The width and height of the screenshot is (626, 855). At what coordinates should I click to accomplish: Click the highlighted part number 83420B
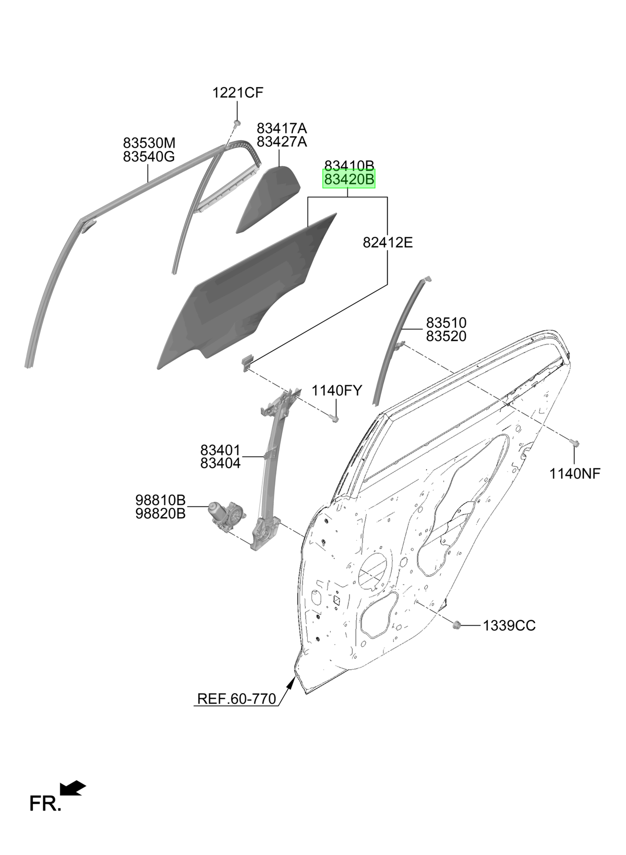tap(349, 179)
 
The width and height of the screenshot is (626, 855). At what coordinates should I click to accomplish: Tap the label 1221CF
tap(238, 93)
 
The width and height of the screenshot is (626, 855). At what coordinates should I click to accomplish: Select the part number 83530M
tap(149, 143)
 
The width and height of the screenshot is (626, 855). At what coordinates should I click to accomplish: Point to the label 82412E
tap(388, 242)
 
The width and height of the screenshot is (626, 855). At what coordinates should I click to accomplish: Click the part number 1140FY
tap(337, 390)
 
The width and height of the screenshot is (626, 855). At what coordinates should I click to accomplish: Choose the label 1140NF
tap(575, 473)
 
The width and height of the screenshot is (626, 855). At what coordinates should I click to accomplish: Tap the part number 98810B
tap(161, 500)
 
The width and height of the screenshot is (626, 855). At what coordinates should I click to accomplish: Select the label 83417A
tap(282, 128)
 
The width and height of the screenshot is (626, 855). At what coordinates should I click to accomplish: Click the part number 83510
tap(446, 323)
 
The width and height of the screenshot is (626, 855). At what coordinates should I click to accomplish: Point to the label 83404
tap(221, 464)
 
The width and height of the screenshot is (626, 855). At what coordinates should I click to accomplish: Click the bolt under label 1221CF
tap(236, 123)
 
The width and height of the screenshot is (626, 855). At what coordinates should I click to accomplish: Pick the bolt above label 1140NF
tap(575, 443)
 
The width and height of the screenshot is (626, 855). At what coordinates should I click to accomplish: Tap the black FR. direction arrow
tap(73, 788)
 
